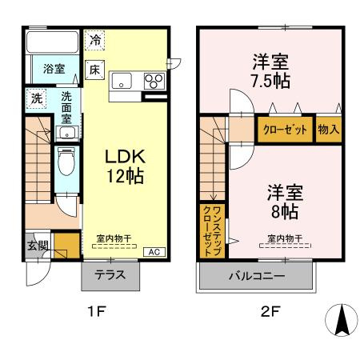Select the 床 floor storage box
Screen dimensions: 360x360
click(x=94, y=70)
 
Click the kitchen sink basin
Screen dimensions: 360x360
click(x=123, y=79)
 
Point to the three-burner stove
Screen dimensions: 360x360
click(x=153, y=80)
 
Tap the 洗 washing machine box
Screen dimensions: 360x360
click(x=37, y=98)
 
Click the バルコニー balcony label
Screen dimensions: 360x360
click(x=254, y=277)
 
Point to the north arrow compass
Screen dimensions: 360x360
click(x=340, y=322)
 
